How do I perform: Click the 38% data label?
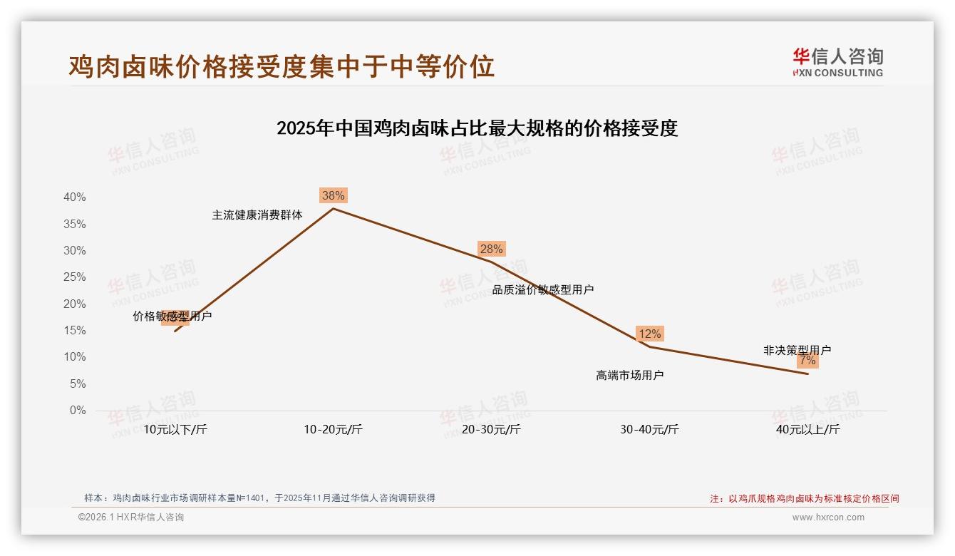pos(333,195)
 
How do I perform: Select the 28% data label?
pos(491,249)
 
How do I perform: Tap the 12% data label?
pos(649,334)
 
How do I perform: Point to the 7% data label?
pos(807,361)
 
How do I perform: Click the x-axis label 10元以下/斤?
pos(175,429)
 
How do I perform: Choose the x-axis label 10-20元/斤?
pos(333,429)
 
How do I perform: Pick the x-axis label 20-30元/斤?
pos(491,429)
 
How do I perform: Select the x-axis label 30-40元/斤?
pos(649,429)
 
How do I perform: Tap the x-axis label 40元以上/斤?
pos(807,429)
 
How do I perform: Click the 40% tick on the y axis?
pos(75,197)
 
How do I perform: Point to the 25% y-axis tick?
pos(75,277)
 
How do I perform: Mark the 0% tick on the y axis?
pos(78,411)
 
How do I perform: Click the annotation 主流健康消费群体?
pos(257,215)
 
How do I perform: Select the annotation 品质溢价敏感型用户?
pos(543,289)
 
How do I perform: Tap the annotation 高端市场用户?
pos(630,375)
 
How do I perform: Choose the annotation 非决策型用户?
pos(797,350)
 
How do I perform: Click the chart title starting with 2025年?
pos(477,129)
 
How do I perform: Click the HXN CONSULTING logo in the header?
pos(837,63)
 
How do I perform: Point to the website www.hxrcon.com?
pos(828,518)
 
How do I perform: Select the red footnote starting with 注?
pos(805,499)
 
